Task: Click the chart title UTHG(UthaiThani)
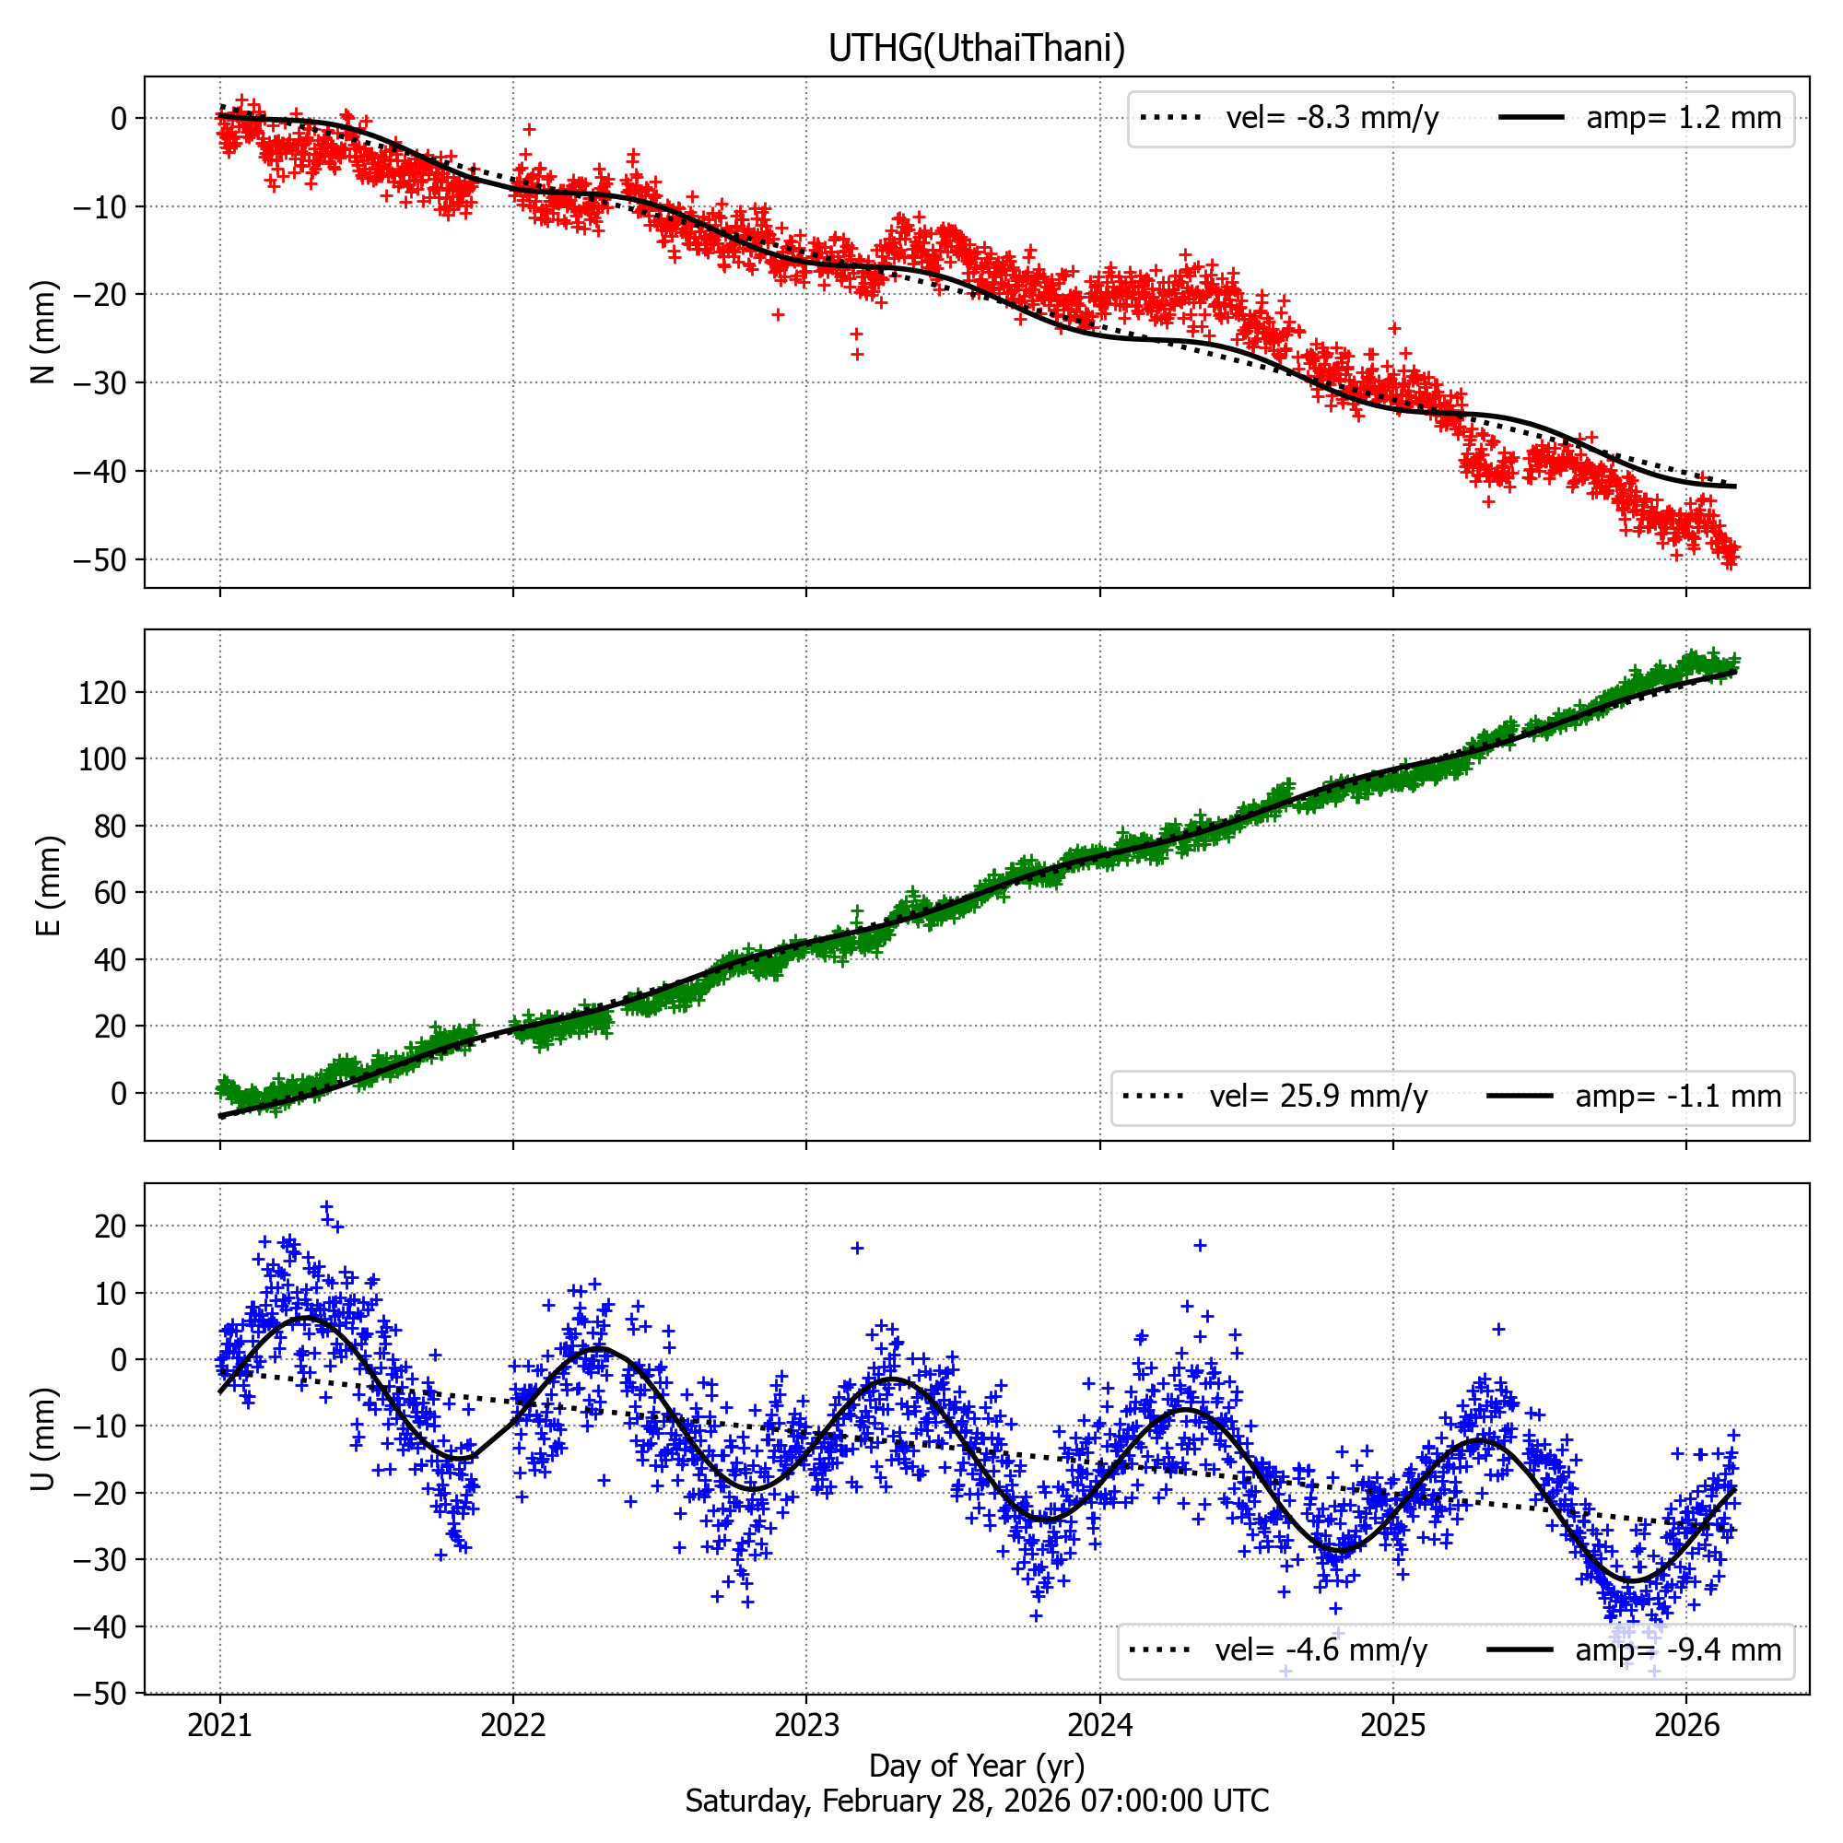click(x=976, y=48)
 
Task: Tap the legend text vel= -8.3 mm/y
click(x=1332, y=118)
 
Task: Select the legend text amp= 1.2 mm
click(x=1684, y=118)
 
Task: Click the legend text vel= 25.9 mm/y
click(x=1319, y=1097)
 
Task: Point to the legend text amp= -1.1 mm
click(x=1678, y=1097)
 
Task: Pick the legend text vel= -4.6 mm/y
click(x=1321, y=1650)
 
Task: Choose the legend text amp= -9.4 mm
click(x=1678, y=1650)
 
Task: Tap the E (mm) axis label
click(x=48, y=886)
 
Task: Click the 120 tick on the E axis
click(x=103, y=693)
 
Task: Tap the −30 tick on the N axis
click(x=100, y=383)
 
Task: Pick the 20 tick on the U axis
click(x=111, y=1227)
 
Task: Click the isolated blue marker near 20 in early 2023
click(x=857, y=1248)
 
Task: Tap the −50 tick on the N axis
click(x=100, y=560)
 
